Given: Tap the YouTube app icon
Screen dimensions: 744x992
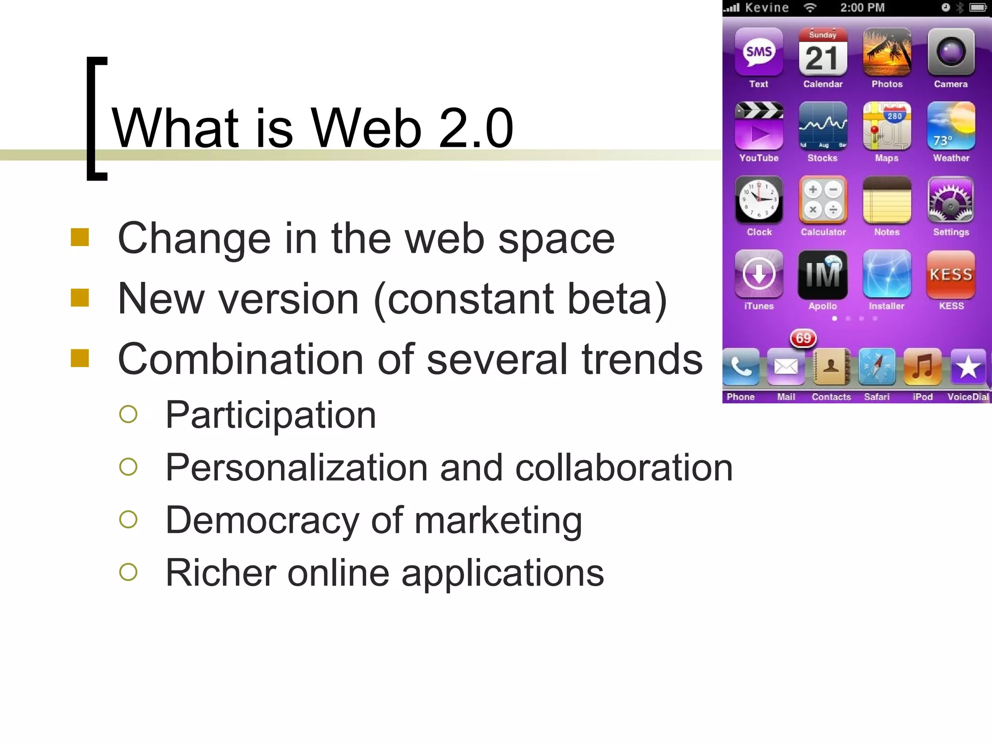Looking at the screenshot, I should (759, 126).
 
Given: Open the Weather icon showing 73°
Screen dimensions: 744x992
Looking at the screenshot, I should (951, 126).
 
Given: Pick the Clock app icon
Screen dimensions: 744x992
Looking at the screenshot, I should (759, 200).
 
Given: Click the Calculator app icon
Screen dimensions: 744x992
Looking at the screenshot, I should (822, 200).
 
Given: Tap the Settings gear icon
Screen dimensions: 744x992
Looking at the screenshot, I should (951, 200).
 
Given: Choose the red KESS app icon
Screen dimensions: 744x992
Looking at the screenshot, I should (951, 274).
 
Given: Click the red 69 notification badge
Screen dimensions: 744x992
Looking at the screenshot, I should (803, 338).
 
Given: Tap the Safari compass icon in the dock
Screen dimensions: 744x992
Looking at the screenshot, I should (877, 367).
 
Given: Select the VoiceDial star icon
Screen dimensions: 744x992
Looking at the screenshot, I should (968, 367).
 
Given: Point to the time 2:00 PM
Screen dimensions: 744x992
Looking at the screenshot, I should (862, 8).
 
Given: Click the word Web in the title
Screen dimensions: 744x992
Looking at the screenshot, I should (366, 128).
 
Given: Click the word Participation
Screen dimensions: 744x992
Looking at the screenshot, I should (271, 415).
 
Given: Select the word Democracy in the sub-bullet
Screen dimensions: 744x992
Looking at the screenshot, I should (262, 520).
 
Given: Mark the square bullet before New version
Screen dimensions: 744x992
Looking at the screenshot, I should (80, 298).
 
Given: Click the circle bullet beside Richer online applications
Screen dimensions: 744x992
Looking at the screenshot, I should (128, 572).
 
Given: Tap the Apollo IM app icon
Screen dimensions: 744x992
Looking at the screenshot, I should (822, 274).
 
